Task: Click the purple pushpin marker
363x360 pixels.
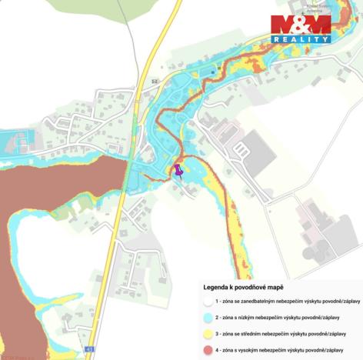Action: coord(178,170)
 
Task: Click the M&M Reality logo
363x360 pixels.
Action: coord(301,28)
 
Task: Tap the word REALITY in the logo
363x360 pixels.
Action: coord(301,38)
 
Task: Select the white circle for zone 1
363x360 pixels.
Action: coord(208,300)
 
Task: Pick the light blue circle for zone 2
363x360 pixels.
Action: coord(208,316)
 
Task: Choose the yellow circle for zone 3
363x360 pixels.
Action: coord(208,333)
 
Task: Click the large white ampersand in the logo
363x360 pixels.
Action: coord(301,25)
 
